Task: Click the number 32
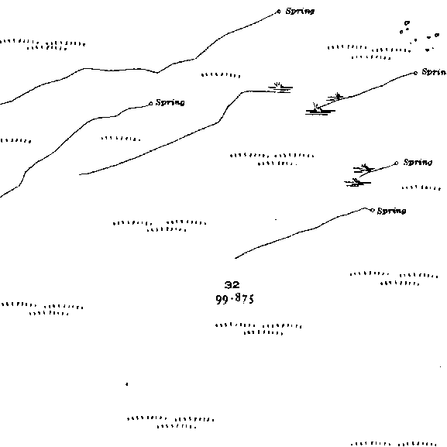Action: pyautogui.click(x=232, y=285)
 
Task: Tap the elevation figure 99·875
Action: pyautogui.click(x=235, y=299)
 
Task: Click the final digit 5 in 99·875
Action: pyautogui.click(x=250, y=300)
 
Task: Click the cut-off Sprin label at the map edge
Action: pyautogui.click(x=434, y=72)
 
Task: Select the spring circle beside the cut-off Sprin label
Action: pyautogui.click(x=416, y=74)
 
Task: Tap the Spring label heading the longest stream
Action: pyautogui.click(x=300, y=11)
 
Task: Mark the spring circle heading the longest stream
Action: pyautogui.click(x=279, y=12)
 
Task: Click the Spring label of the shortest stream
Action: pyautogui.click(x=418, y=162)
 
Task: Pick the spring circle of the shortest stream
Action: pyautogui.click(x=396, y=163)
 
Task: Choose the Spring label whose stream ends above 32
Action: pyautogui.click(x=392, y=211)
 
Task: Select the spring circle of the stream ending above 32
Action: pyautogui.click(x=372, y=211)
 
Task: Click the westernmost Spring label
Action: pyautogui.click(x=170, y=102)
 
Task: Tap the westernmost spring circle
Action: pyautogui.click(x=151, y=103)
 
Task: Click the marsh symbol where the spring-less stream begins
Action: pyautogui.click(x=280, y=88)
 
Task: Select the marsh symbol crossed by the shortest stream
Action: pyautogui.click(x=364, y=169)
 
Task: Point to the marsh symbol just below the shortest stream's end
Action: pyautogui.click(x=357, y=183)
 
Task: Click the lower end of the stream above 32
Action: pyautogui.click(x=236, y=258)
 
